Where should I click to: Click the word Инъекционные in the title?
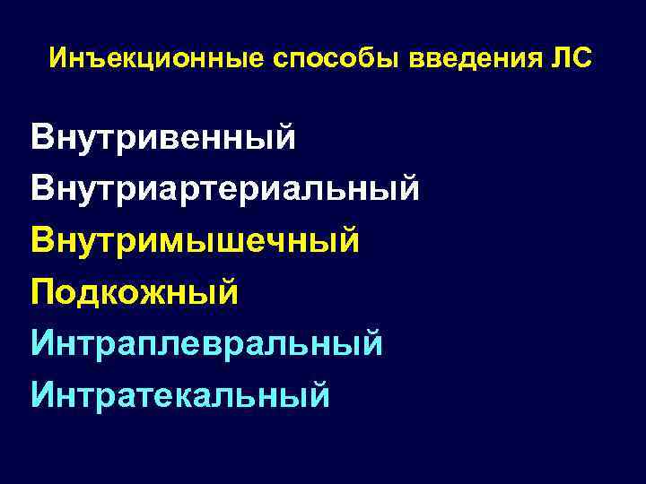point(152,59)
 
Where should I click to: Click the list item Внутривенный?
point(162,139)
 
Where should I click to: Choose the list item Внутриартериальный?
point(224,190)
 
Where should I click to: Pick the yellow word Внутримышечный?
point(195,241)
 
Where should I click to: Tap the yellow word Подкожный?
point(135,292)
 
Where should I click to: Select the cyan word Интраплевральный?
point(207,342)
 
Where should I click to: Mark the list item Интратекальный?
point(180,393)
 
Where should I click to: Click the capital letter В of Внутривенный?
point(41,139)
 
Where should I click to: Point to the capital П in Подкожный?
point(42,292)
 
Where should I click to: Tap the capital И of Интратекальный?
point(43,393)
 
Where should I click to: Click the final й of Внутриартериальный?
point(408,188)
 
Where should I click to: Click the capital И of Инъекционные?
point(59,59)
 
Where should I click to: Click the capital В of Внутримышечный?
point(41,241)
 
